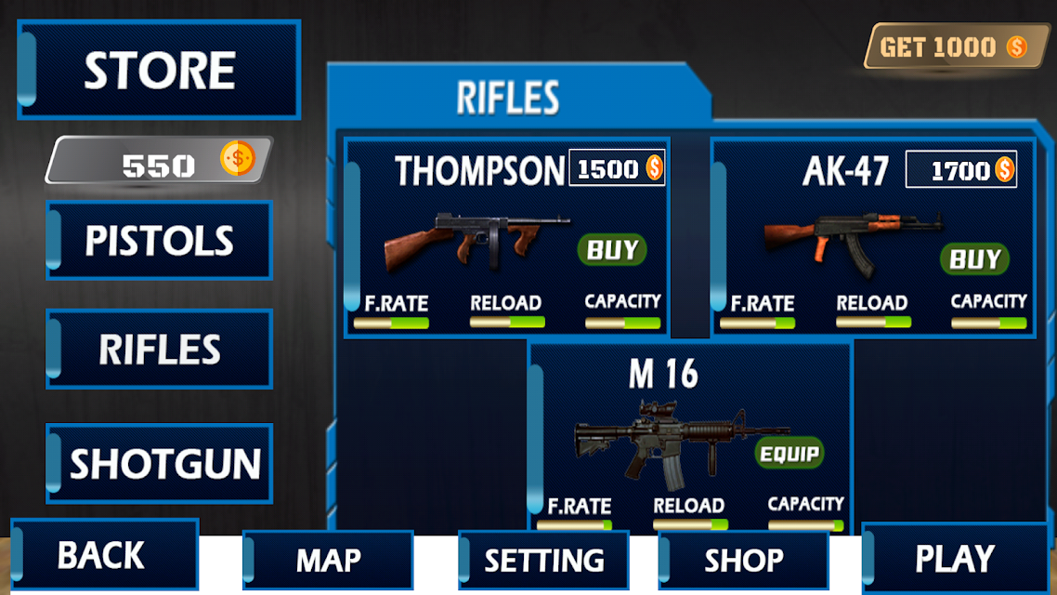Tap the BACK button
click(x=104, y=554)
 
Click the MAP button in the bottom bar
click(x=328, y=560)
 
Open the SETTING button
click(x=543, y=560)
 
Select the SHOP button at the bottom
click(x=744, y=560)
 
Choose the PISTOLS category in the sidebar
click(x=159, y=240)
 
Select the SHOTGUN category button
click(x=159, y=464)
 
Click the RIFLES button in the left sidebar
click(x=159, y=349)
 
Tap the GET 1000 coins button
click(x=956, y=46)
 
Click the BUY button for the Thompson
click(x=612, y=249)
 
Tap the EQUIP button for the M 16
click(x=789, y=454)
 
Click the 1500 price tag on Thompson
click(x=618, y=168)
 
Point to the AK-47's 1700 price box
click(x=961, y=169)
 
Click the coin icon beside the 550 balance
click(x=238, y=159)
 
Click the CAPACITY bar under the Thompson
click(x=623, y=324)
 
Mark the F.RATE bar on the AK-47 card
click(x=758, y=324)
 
